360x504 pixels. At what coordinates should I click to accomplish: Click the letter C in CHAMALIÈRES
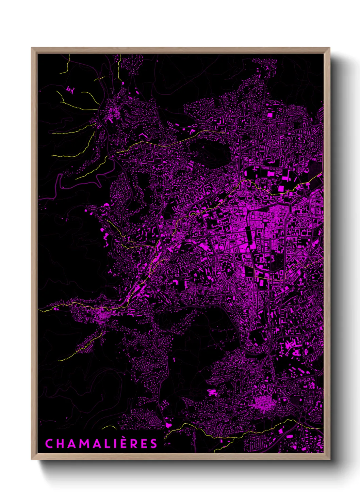49,444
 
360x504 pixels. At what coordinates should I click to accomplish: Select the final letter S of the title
154,444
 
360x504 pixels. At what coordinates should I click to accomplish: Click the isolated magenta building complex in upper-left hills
71,90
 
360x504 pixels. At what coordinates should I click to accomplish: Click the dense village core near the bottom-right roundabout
262,404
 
